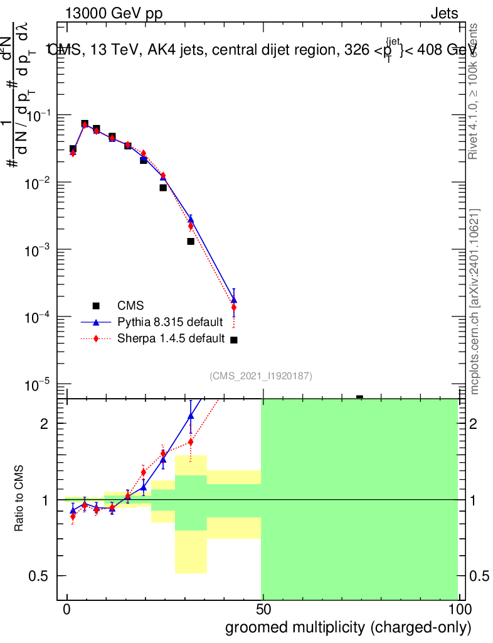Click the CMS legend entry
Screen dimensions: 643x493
tap(130, 306)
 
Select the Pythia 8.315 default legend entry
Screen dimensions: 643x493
tap(170, 323)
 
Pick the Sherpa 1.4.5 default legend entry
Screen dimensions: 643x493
tap(171, 339)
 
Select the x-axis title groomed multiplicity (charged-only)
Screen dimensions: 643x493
tap(347, 627)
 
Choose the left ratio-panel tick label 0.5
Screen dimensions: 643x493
tap(40, 576)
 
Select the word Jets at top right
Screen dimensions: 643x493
tap(444, 14)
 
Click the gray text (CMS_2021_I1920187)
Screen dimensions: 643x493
tap(261, 376)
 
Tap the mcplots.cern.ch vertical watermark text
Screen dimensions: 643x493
tap(475, 301)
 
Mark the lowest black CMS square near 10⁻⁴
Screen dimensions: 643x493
tap(234, 340)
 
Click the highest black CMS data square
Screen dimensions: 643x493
tap(85, 124)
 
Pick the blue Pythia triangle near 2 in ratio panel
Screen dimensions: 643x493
tap(191, 415)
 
